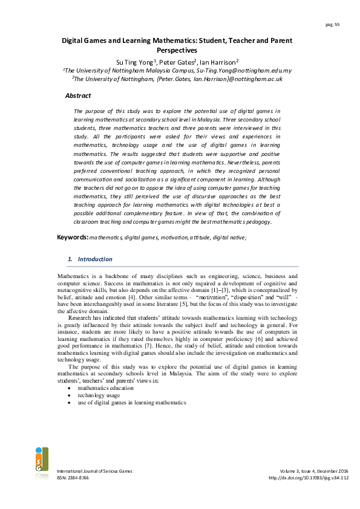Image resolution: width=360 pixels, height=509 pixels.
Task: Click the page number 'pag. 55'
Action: (332, 24)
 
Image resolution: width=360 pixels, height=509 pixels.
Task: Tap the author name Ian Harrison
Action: (218, 62)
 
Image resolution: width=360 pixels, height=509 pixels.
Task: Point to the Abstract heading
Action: (78, 96)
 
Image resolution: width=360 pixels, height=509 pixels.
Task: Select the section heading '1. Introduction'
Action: (90, 259)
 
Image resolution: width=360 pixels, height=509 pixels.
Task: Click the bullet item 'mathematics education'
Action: (106, 387)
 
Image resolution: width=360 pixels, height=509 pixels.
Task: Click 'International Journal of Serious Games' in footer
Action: (94, 471)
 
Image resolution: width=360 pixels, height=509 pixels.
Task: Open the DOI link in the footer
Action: (309, 478)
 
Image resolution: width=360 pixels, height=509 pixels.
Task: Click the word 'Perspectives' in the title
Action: (180, 51)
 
